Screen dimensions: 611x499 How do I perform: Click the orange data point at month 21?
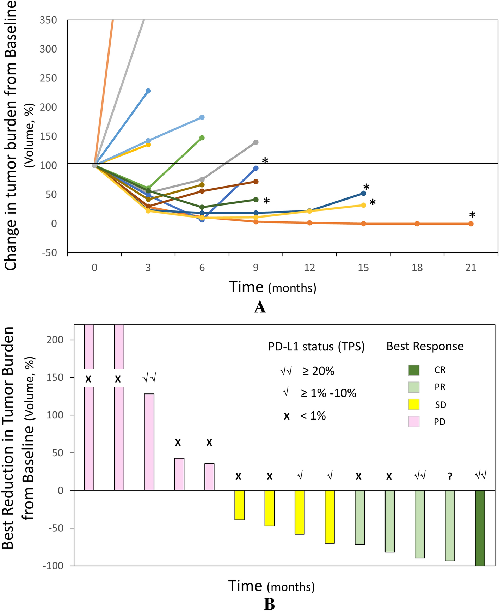[471, 224]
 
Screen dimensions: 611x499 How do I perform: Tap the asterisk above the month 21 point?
[472, 215]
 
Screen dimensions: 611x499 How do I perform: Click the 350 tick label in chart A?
[48, 20]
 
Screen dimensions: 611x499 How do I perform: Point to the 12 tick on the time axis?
[309, 268]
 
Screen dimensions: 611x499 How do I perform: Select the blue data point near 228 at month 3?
[148, 91]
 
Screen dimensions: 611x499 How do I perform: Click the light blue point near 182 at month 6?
[202, 117]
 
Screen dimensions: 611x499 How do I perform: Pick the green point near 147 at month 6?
[202, 138]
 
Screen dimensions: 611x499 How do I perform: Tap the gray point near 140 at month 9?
[256, 142]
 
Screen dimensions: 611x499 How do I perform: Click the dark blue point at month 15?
[363, 193]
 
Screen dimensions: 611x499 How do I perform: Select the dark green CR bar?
[480, 528]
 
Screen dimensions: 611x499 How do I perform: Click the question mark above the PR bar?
[450, 477]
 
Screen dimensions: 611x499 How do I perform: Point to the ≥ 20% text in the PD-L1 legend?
[318, 371]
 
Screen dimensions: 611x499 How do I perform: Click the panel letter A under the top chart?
[260, 307]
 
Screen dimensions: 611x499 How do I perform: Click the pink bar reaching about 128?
[149, 442]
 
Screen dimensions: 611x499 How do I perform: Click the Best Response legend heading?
[425, 346]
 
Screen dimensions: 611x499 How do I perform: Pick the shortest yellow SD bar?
[239, 505]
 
